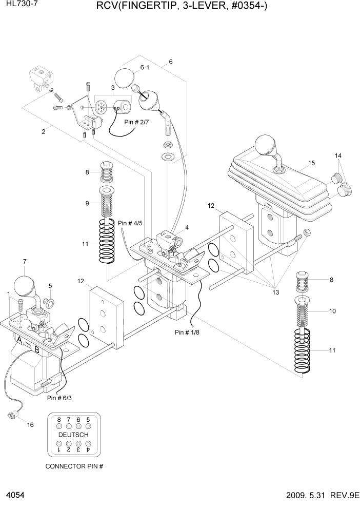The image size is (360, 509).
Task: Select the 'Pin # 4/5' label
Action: pos(130,223)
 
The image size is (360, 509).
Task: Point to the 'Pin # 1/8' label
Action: pos(187,332)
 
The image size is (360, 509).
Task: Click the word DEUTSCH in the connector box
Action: pos(73,435)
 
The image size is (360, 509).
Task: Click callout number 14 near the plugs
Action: pos(338,155)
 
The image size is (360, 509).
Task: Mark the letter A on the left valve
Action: pos(19,340)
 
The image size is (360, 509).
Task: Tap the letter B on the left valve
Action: pos(37,349)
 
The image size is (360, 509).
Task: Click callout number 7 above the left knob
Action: pos(24,262)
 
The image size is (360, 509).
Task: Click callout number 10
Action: pos(332,311)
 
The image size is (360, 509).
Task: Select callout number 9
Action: pos(87,203)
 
